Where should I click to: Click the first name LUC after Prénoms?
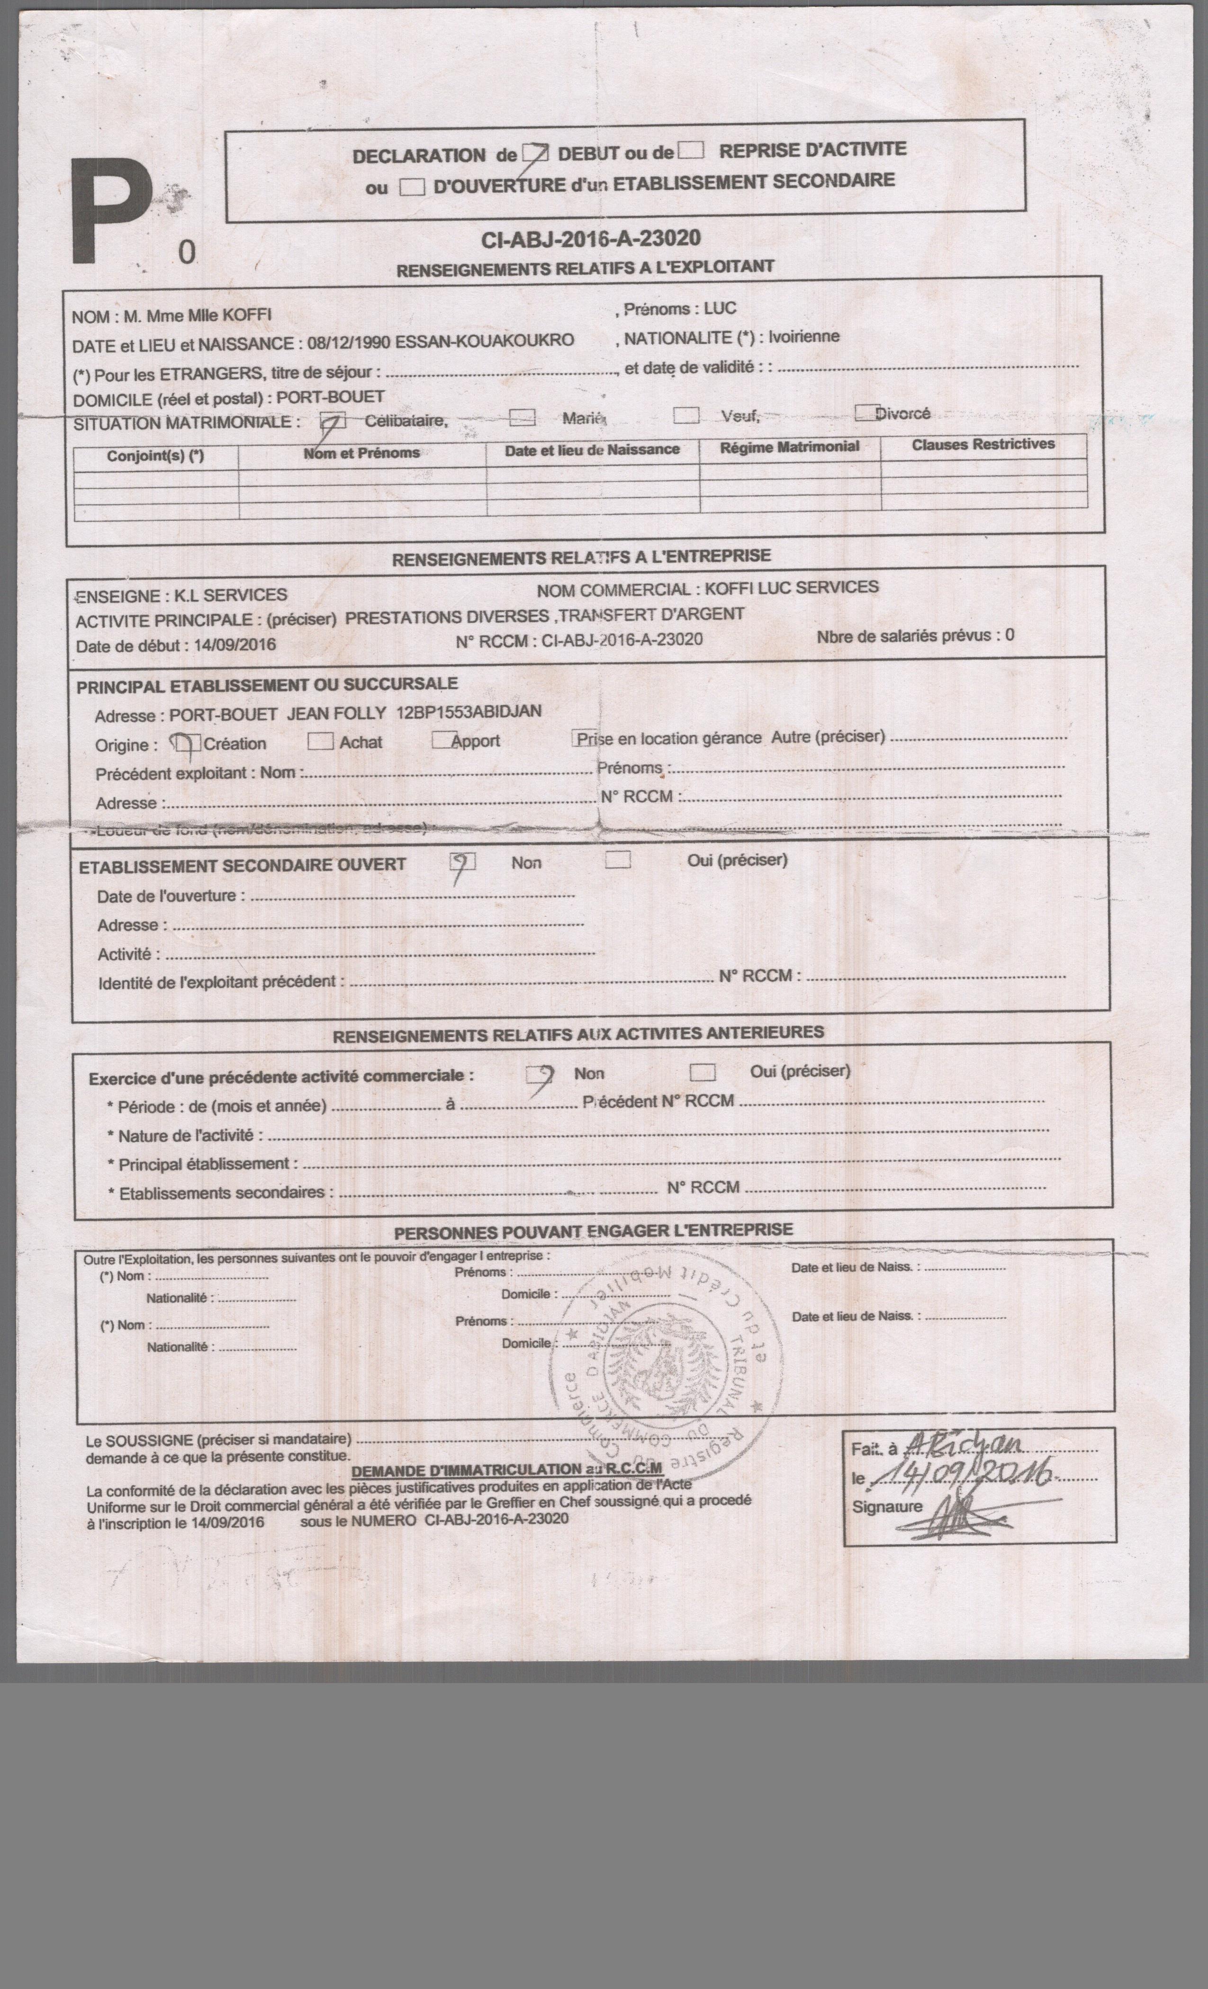[x=720, y=308]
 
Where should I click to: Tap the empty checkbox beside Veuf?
[x=686, y=415]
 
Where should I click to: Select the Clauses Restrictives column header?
[x=983, y=444]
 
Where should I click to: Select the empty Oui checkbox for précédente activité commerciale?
[x=703, y=1072]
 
